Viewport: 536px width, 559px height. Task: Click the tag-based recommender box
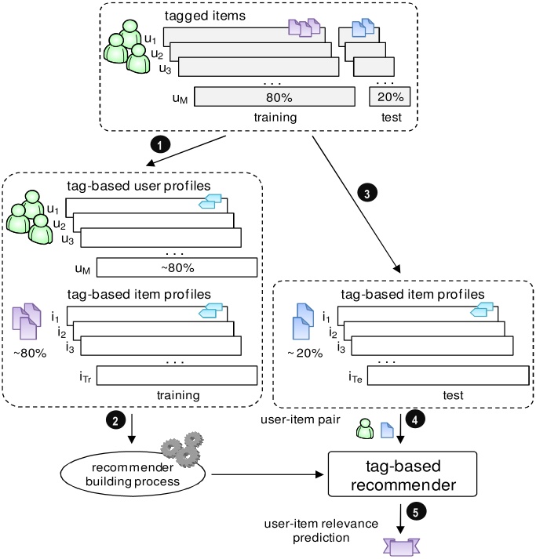[401, 474]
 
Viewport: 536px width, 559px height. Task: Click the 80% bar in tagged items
[273, 97]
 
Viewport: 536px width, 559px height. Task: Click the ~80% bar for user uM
[177, 267]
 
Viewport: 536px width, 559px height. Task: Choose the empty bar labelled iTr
[177, 375]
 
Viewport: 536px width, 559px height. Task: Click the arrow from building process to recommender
[267, 474]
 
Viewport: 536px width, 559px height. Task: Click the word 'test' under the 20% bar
[389, 118]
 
